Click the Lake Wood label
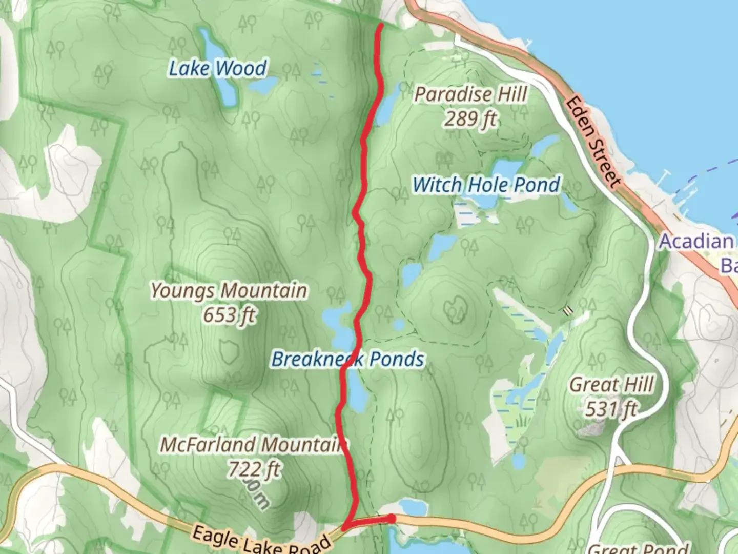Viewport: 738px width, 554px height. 218,68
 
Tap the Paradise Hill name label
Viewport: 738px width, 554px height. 470,94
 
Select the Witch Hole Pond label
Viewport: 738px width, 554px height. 486,185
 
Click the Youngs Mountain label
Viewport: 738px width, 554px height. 229,291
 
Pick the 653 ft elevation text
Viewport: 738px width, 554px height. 229,315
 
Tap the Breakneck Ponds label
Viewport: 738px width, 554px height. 347,359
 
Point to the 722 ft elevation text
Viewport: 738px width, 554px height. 254,469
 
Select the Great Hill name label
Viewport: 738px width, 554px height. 611,385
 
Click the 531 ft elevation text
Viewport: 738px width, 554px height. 611,409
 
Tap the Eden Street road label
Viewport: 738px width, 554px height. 593,141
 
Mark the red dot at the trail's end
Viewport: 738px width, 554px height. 392,519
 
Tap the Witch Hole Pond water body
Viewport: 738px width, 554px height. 505,169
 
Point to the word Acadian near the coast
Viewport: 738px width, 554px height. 696,241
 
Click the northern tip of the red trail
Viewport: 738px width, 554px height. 381,25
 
